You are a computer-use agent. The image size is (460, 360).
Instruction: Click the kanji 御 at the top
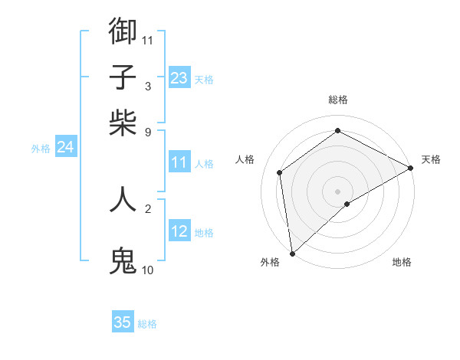(x=123, y=31)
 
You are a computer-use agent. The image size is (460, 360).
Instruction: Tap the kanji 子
(x=123, y=77)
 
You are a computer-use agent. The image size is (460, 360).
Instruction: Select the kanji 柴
(x=123, y=123)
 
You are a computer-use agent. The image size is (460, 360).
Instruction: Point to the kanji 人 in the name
(x=123, y=199)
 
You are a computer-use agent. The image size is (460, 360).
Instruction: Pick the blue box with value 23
(x=179, y=78)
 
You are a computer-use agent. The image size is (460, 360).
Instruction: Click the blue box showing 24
(x=66, y=147)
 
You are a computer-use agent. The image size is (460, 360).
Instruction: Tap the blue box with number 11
(x=179, y=162)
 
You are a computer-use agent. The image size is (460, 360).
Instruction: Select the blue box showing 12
(x=179, y=231)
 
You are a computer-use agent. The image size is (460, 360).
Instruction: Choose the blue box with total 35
(x=123, y=322)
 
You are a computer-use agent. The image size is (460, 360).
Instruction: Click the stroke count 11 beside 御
(x=148, y=39)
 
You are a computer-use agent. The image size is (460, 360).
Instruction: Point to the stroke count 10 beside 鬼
(x=148, y=270)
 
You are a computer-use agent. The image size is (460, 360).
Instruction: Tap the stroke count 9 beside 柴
(x=148, y=131)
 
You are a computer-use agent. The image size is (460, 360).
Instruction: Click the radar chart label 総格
(x=338, y=100)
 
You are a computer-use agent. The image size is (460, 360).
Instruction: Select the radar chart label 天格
(x=431, y=159)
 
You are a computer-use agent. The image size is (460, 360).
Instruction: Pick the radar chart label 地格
(x=402, y=262)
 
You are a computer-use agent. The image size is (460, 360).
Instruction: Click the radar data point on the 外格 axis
(x=292, y=254)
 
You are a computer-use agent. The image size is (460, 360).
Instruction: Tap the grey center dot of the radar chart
(x=338, y=191)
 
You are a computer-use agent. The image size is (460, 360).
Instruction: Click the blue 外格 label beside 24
(x=41, y=149)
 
